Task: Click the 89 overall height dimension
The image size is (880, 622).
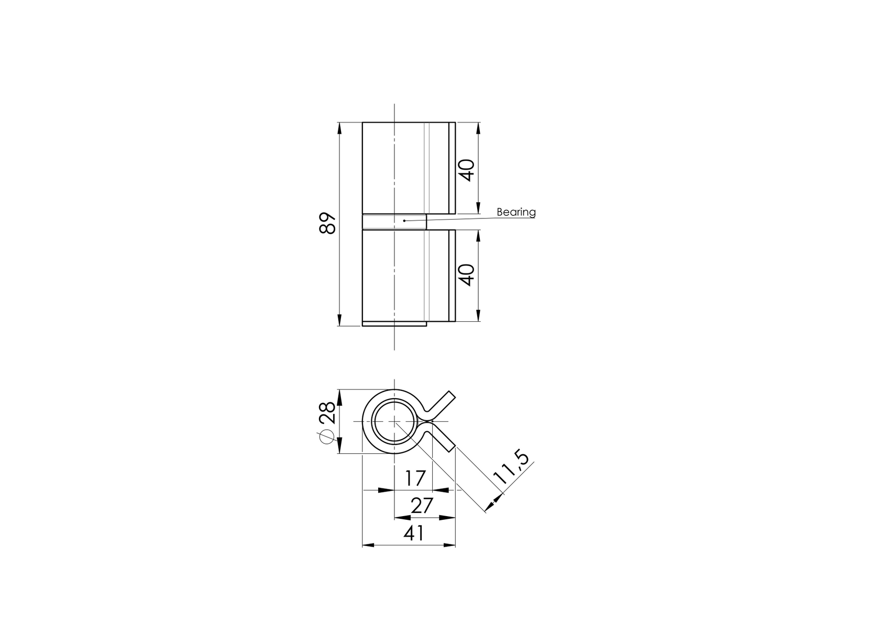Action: tap(328, 224)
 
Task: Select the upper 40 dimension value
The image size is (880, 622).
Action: tap(467, 170)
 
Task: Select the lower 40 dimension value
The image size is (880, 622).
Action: tap(467, 275)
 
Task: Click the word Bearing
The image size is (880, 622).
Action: tap(516, 212)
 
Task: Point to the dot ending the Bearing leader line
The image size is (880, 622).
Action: tap(404, 221)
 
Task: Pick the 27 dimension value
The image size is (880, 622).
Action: tap(422, 506)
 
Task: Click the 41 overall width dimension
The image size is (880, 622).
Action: tap(414, 533)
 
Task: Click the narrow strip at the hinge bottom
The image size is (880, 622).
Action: tap(394, 323)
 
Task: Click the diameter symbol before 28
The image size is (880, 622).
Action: tap(326, 436)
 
